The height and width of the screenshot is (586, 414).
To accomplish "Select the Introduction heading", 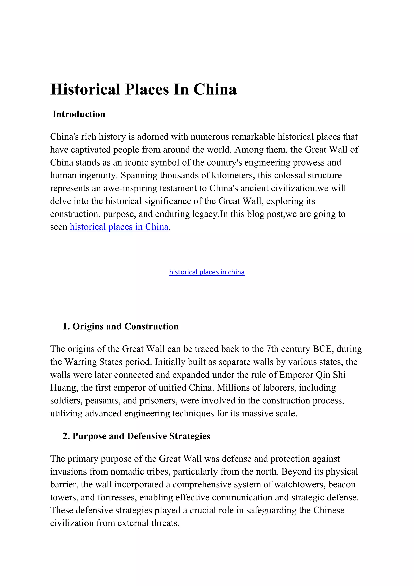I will [x=79, y=114].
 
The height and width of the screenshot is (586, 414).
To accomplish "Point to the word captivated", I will [x=91, y=150].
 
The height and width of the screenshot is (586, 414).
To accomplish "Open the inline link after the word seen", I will [x=119, y=227].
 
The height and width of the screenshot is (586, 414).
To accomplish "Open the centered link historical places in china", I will [x=207, y=272].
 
